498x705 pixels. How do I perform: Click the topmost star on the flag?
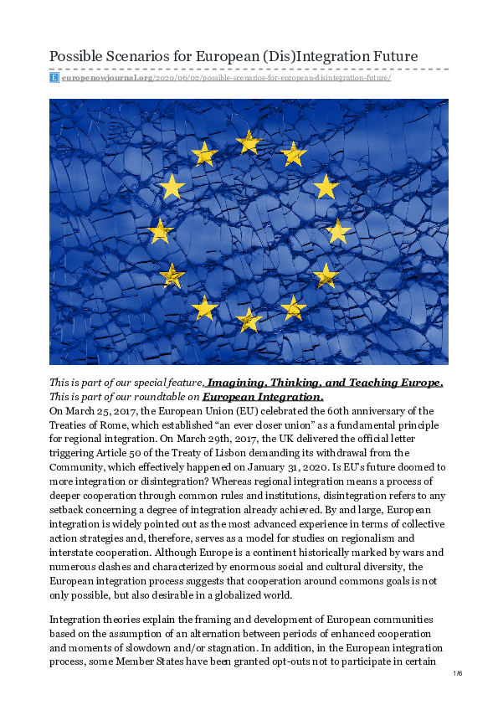coord(249,142)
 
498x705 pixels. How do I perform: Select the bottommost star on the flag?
coord(249,319)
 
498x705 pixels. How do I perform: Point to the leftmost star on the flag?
coord(160,230)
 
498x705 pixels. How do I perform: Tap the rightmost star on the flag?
coord(337,230)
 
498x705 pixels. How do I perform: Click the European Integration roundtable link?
coord(263,397)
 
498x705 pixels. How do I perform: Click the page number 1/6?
coord(457,674)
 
